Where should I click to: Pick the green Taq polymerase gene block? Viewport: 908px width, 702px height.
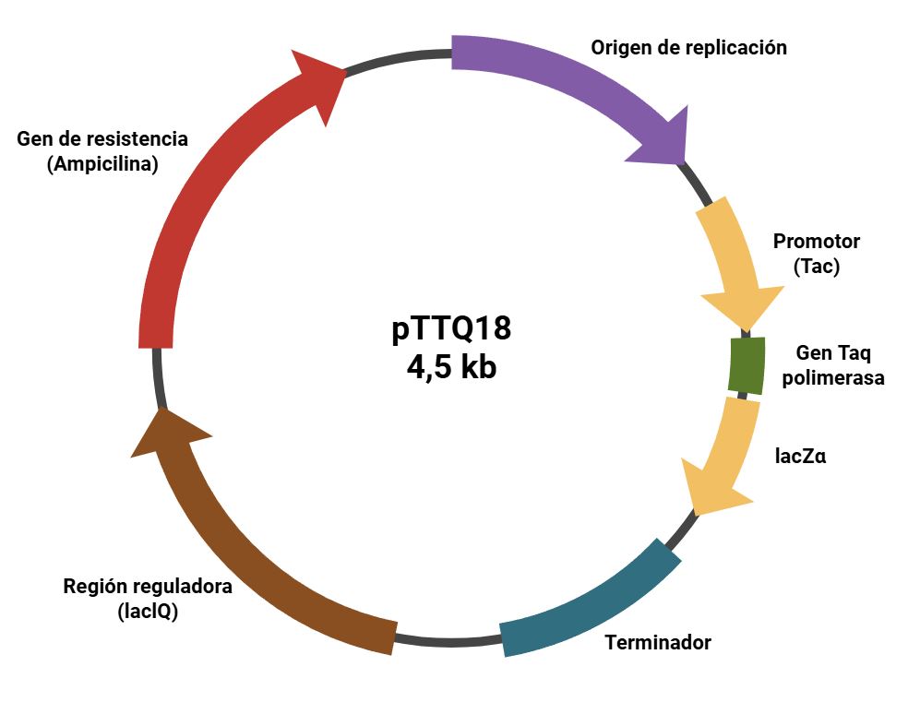pyautogui.click(x=747, y=366)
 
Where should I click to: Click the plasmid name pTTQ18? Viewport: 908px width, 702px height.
pyautogui.click(x=451, y=329)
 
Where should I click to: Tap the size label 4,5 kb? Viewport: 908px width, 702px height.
pyautogui.click(x=451, y=366)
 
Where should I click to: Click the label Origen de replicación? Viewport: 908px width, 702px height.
pyautogui.click(x=688, y=47)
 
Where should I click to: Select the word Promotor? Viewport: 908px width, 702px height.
pyautogui.click(x=816, y=242)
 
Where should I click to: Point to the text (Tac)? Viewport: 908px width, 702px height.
pyautogui.click(x=816, y=267)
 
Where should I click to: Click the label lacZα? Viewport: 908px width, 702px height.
pyautogui.click(x=800, y=455)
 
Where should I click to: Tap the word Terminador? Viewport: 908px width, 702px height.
pyautogui.click(x=658, y=642)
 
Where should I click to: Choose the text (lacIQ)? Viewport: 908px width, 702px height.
pyautogui.click(x=148, y=611)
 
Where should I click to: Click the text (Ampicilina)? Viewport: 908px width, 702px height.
pyautogui.click(x=102, y=164)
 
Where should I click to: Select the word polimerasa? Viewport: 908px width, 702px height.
pyautogui.click(x=833, y=377)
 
